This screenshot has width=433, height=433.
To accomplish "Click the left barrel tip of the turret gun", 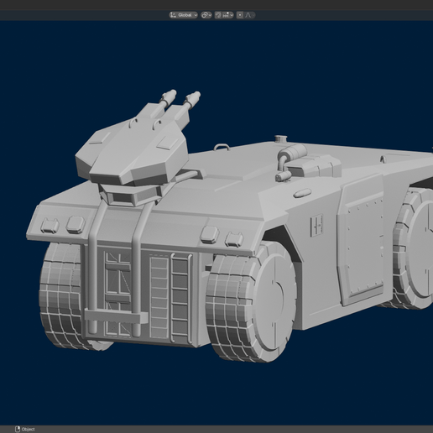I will [x=172, y=93].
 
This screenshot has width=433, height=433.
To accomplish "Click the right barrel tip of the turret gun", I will [x=196, y=96].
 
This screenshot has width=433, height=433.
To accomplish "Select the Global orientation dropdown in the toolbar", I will [x=184, y=15].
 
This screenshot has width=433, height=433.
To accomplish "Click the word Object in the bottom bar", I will [x=28, y=429].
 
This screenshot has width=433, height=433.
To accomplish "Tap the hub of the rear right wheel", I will [x=420, y=243].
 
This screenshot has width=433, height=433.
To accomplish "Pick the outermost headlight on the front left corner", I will [x=50, y=224].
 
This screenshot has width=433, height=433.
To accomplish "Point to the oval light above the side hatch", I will [x=302, y=193].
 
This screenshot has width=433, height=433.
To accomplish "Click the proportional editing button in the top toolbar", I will [x=241, y=15].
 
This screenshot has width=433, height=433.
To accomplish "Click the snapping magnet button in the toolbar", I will [x=219, y=15].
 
